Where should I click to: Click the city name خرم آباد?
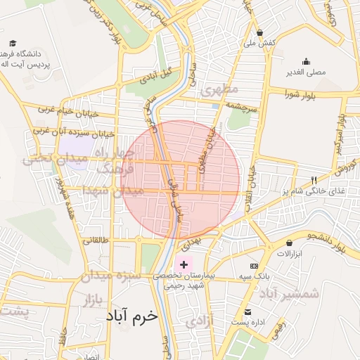click(134, 316)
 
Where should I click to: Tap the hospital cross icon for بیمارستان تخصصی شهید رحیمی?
click(184, 264)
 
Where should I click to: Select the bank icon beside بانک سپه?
click(254, 266)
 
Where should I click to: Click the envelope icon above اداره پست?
click(247, 312)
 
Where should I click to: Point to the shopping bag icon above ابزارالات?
click(290, 243)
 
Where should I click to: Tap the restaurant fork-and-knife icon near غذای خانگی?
click(314, 180)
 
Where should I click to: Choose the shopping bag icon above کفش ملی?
click(259, 32)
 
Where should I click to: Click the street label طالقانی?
click(96, 240)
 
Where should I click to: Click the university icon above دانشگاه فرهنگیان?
click(12, 43)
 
